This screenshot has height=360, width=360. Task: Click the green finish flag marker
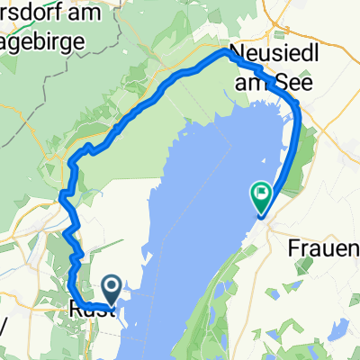point(261,194)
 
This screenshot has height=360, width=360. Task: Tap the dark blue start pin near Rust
point(112,290)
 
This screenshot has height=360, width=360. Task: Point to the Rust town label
point(90,311)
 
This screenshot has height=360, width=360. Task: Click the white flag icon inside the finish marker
point(261,191)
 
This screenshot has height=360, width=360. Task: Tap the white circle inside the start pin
point(112,286)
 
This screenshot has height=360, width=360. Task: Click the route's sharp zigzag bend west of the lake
point(67,193)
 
